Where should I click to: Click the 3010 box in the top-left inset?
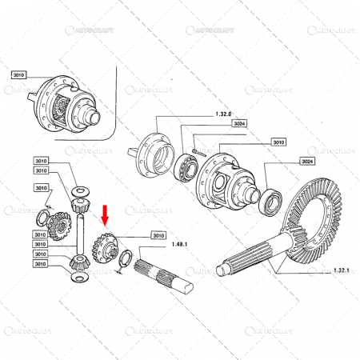coord(19,74)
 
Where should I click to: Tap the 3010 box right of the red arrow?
coord(158,235)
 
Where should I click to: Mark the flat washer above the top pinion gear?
coord(80,190)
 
